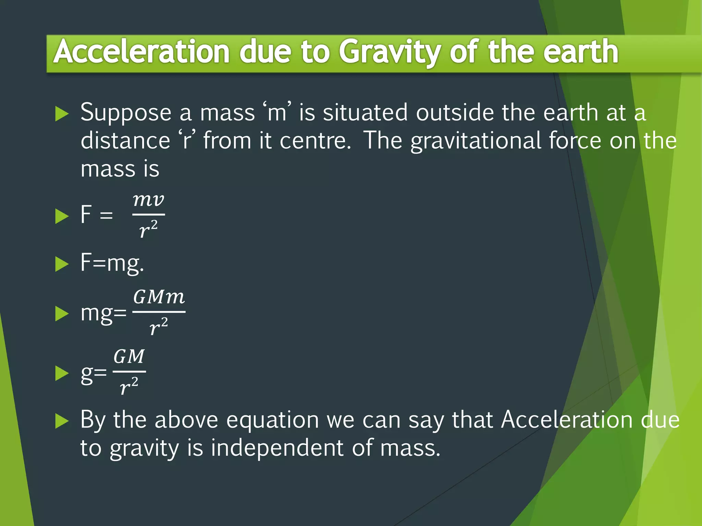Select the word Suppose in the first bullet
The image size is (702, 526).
[x=126, y=113]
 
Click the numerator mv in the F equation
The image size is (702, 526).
[x=148, y=200]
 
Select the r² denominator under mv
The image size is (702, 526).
[x=148, y=229]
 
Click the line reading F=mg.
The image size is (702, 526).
[x=112, y=263]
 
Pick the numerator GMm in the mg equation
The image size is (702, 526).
[x=159, y=297]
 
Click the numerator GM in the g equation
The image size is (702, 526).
[x=129, y=356]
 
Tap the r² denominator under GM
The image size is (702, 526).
[x=129, y=386]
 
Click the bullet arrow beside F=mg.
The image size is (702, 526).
[x=62, y=264]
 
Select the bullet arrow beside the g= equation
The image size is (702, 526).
[x=62, y=373]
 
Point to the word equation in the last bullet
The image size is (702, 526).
[x=273, y=421]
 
